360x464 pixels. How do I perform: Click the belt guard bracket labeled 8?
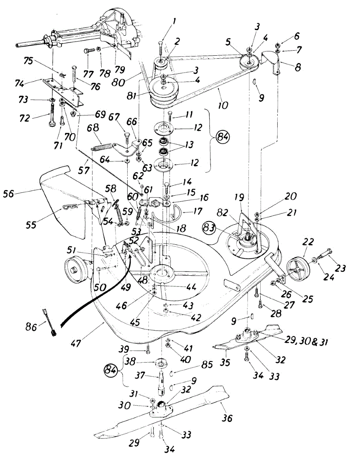[x=271, y=60]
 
